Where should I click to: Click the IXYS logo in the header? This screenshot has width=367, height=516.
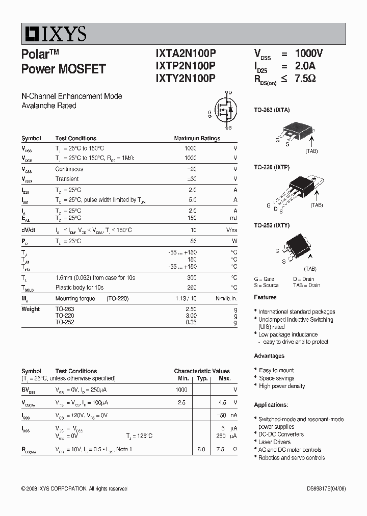[x=54, y=34]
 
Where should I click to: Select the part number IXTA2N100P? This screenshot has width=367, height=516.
[x=186, y=54]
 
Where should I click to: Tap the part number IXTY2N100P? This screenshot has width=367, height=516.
[x=186, y=78]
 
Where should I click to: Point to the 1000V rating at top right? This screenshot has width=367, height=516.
[x=309, y=54]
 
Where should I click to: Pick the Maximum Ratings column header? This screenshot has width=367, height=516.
[x=197, y=138]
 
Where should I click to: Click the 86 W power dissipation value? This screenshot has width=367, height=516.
[x=193, y=241]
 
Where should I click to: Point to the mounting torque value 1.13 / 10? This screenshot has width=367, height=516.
[x=186, y=299]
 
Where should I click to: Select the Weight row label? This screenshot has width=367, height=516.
[x=31, y=309]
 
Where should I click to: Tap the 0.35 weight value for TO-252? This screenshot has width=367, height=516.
[x=191, y=323]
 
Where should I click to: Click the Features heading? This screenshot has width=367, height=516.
[x=265, y=297]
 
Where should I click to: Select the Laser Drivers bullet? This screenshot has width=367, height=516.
[x=274, y=442]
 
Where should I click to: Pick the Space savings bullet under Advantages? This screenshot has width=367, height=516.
[x=276, y=378]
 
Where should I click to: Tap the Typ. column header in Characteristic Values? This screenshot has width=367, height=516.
[x=202, y=378]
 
